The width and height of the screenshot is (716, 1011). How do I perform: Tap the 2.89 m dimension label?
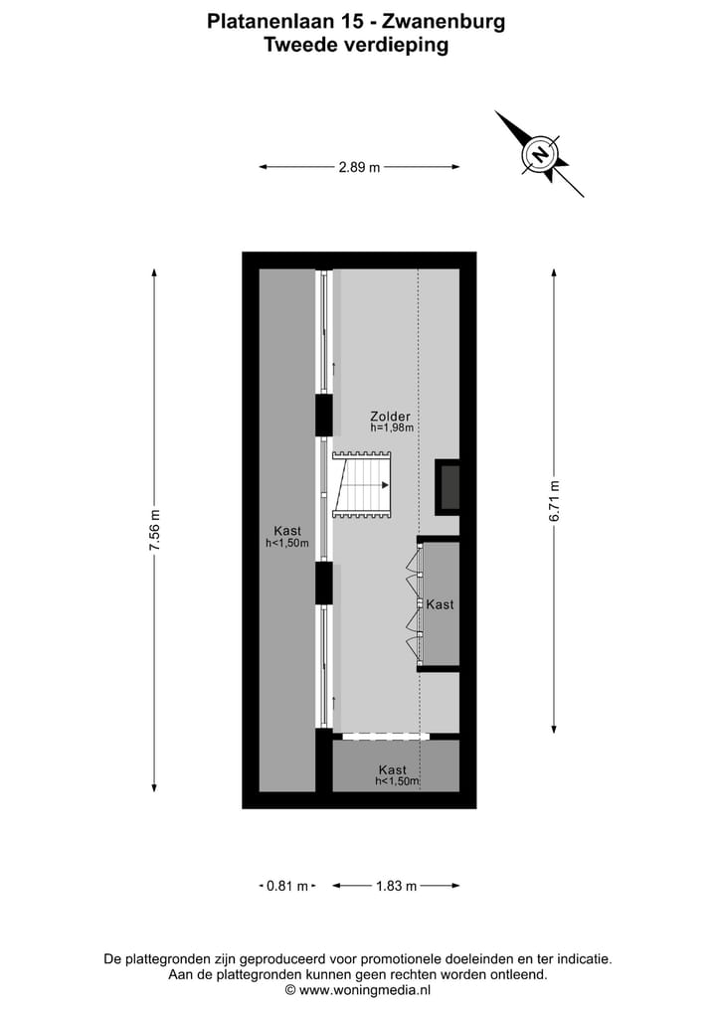tap(359, 167)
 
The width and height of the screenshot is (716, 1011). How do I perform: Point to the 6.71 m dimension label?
tap(555, 501)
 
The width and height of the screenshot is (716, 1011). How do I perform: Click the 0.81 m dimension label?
tap(288, 886)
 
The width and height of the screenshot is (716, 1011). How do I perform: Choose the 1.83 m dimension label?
tap(396, 886)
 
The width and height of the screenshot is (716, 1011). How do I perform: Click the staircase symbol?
tap(362, 485)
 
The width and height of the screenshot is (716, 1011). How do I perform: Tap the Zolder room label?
tap(390, 417)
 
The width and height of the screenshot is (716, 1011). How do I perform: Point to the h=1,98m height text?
tap(391, 428)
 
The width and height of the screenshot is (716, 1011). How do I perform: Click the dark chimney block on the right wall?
tap(449, 487)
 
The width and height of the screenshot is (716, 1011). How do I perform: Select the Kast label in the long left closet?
tap(287, 531)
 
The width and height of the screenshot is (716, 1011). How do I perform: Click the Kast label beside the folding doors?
tap(440, 604)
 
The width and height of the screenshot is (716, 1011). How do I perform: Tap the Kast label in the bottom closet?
tap(393, 769)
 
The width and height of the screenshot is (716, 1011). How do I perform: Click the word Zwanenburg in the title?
tap(450, 20)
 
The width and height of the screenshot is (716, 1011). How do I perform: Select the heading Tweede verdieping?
tap(355, 45)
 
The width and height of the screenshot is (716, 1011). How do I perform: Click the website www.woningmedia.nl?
tap(365, 990)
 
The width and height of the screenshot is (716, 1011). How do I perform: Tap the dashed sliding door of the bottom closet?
tap(381, 737)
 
